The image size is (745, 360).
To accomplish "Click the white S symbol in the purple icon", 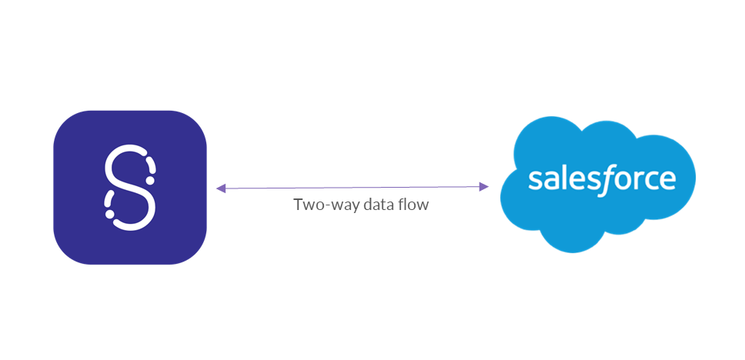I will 130,187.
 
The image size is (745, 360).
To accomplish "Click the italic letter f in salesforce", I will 606,178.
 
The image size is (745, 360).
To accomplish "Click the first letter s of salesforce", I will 536,180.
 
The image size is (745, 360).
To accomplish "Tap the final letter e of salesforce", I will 666,180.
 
